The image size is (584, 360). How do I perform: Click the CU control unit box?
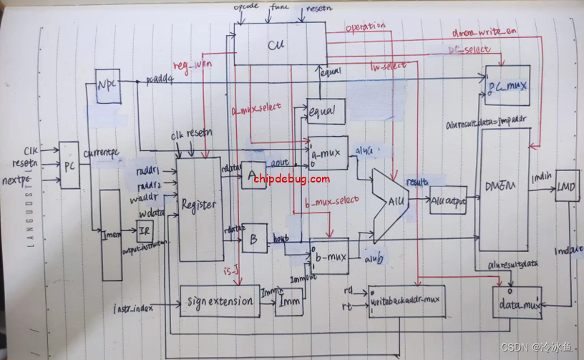tap(276, 45)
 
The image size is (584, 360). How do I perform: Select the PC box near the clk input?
tap(70, 165)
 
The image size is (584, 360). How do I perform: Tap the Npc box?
tap(107, 86)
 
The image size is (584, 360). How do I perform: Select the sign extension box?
tap(217, 301)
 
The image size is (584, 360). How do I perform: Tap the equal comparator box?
tap(326, 111)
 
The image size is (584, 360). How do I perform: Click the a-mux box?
tap(327, 152)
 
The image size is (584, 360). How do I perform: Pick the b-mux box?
tap(328, 256)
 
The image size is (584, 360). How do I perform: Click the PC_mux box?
tap(507, 86)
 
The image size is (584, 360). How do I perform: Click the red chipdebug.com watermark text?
tap(291, 179)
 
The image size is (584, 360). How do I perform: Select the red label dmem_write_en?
tap(483, 32)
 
